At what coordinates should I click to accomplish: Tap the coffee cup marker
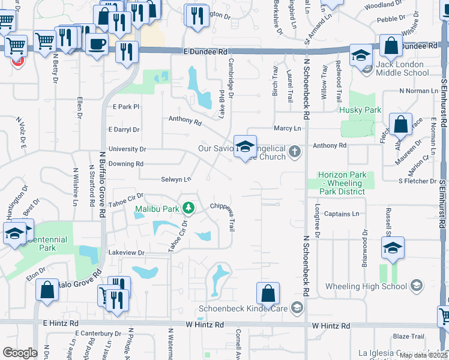96,43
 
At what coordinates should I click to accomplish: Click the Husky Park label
360,110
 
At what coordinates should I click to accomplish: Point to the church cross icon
294,151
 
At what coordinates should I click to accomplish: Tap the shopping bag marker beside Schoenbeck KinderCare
268,295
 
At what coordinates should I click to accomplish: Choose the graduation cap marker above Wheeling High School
392,248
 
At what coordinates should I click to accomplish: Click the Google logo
20,352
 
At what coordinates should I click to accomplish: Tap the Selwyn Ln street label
176,179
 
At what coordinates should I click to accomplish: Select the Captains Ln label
341,214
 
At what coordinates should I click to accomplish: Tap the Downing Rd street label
126,164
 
